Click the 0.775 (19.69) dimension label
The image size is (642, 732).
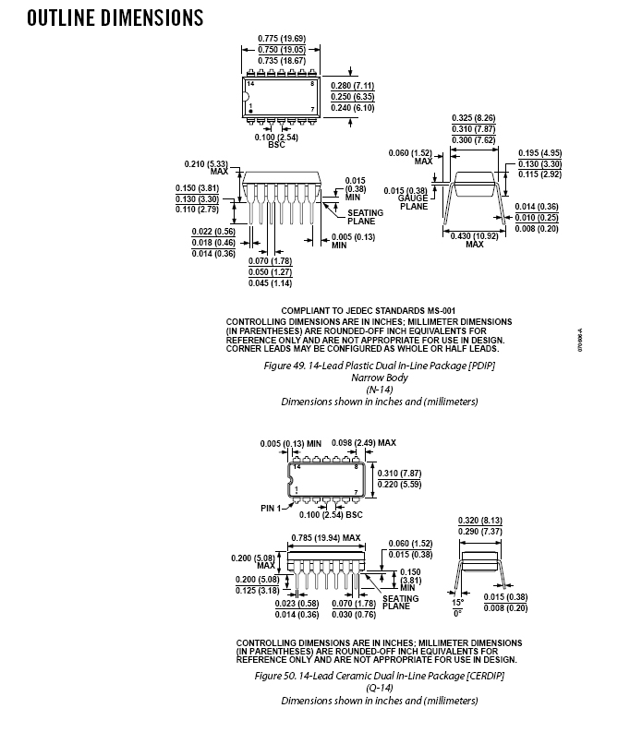click(x=281, y=39)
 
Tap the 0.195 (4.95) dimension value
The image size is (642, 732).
click(x=539, y=152)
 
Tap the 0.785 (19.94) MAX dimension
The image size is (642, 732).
click(x=326, y=536)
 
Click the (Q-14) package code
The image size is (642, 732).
click(x=380, y=688)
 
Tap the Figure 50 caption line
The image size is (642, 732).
click(x=380, y=677)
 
